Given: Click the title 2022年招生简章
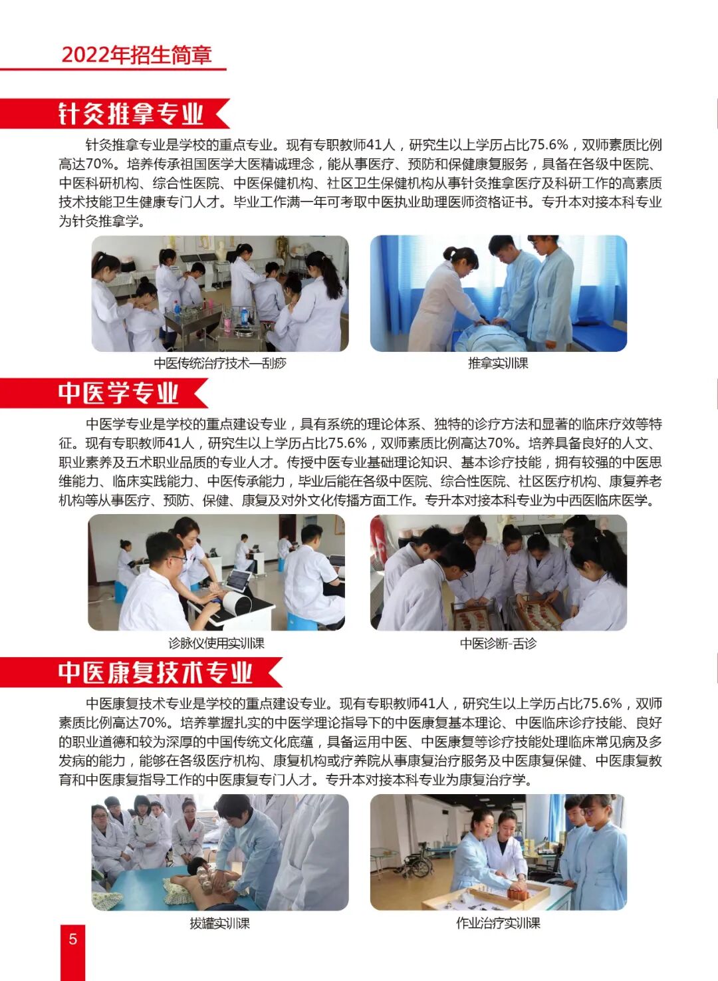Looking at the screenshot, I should (136, 55).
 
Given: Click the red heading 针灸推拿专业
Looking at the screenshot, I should (130, 114).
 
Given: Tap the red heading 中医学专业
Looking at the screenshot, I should (118, 393).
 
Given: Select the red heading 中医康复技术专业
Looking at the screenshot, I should (156, 672).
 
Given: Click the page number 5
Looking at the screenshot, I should (73, 938).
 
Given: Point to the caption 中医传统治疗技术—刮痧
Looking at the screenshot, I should (220, 363).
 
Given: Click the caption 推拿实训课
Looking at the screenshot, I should (498, 363).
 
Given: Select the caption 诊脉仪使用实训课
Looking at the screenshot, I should (216, 643).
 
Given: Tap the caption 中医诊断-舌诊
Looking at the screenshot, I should (498, 643).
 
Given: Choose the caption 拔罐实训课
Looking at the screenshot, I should (219, 923).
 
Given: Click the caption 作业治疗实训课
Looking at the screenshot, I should (498, 923).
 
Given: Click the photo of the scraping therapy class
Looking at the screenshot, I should (220, 293).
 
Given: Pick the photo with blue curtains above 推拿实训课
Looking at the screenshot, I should (498, 293).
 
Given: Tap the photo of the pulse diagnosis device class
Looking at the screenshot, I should (216, 572).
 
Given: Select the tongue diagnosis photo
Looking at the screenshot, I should (498, 572).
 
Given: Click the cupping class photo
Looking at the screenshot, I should (220, 852).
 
